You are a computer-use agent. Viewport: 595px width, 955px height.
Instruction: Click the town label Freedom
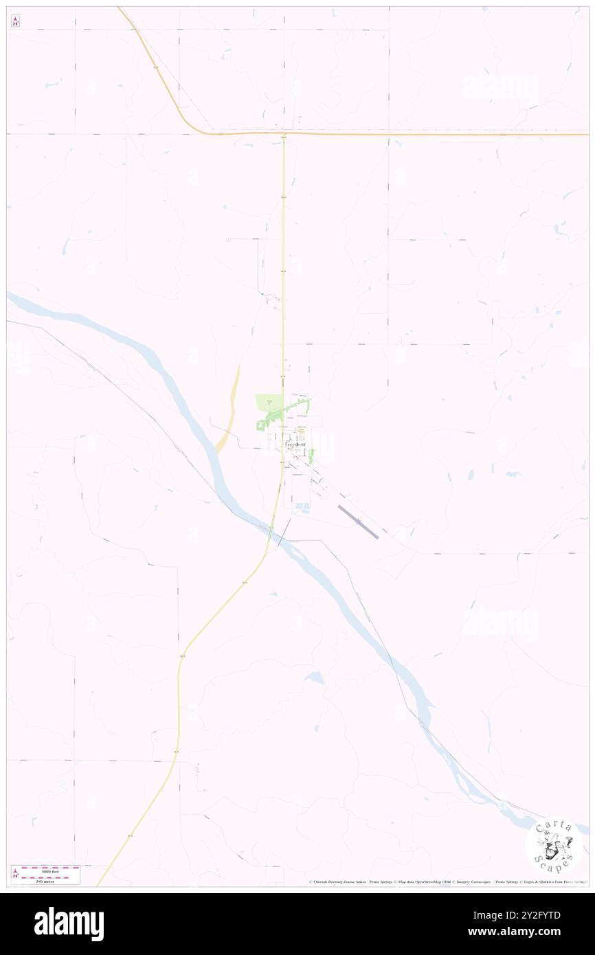(297, 445)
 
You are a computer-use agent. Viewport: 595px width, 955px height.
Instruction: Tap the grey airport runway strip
(357, 521)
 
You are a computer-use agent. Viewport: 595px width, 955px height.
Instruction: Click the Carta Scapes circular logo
(553, 845)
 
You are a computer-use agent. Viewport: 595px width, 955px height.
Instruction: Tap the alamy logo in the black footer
(69, 923)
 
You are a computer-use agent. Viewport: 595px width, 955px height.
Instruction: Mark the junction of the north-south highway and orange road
(284, 133)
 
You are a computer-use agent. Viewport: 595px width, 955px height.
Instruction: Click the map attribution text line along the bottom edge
(447, 881)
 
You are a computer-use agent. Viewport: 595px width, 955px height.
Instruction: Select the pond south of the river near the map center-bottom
(315, 677)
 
